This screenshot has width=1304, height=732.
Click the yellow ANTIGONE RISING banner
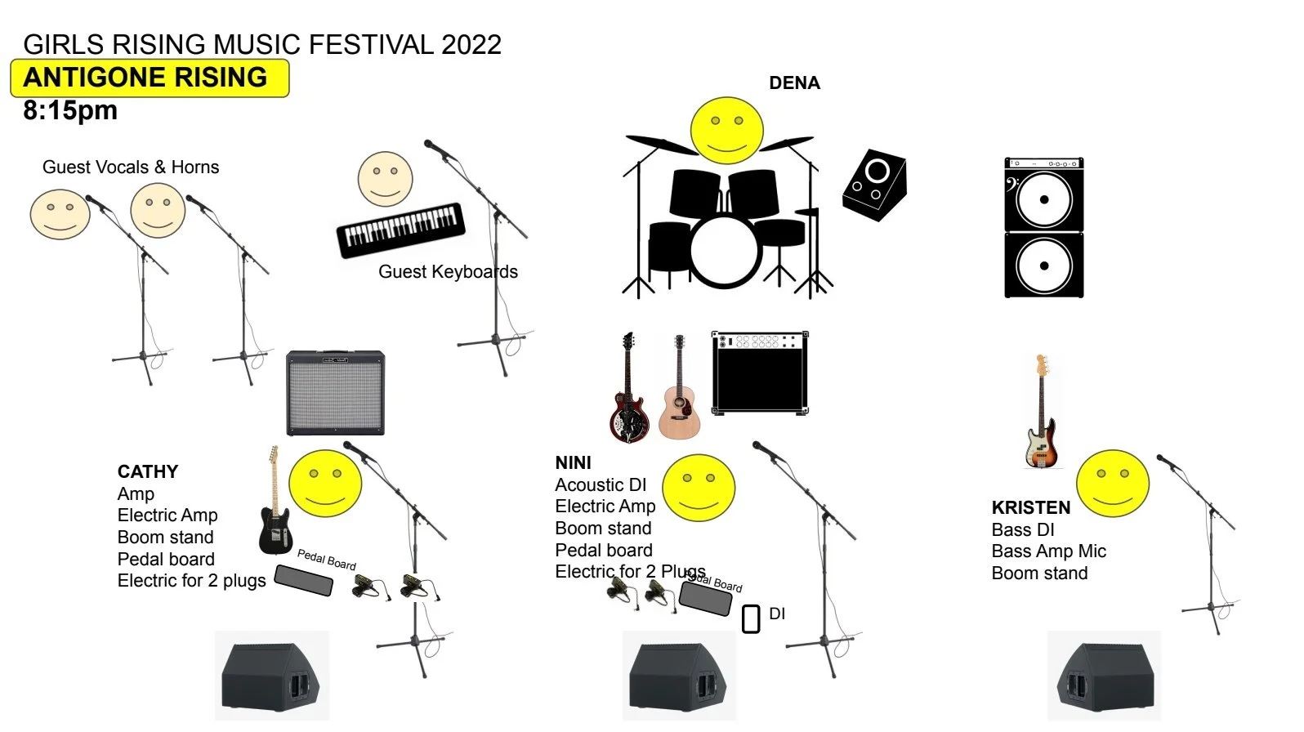[x=150, y=78]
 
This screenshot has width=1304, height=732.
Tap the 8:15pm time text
[x=70, y=110]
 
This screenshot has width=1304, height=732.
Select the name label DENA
[x=794, y=83]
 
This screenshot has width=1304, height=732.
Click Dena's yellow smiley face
[x=726, y=131]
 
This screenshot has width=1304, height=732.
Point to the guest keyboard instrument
[x=400, y=230]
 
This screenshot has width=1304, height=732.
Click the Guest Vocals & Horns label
[x=131, y=167]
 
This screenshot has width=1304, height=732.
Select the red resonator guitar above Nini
[x=627, y=392]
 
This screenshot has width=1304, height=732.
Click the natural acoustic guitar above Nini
[x=679, y=392]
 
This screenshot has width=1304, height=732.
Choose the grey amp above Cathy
[x=335, y=392]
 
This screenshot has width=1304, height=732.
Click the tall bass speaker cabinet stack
[x=1043, y=229]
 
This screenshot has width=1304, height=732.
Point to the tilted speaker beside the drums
[x=874, y=185]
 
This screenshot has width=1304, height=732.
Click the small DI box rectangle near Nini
[x=751, y=618]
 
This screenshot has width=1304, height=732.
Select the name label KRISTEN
[x=1030, y=507]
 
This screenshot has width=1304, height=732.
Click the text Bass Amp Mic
[x=1048, y=551]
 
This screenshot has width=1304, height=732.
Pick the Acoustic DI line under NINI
[x=601, y=485]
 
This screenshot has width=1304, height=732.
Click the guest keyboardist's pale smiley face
[x=385, y=179]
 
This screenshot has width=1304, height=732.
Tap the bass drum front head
[x=726, y=251]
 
